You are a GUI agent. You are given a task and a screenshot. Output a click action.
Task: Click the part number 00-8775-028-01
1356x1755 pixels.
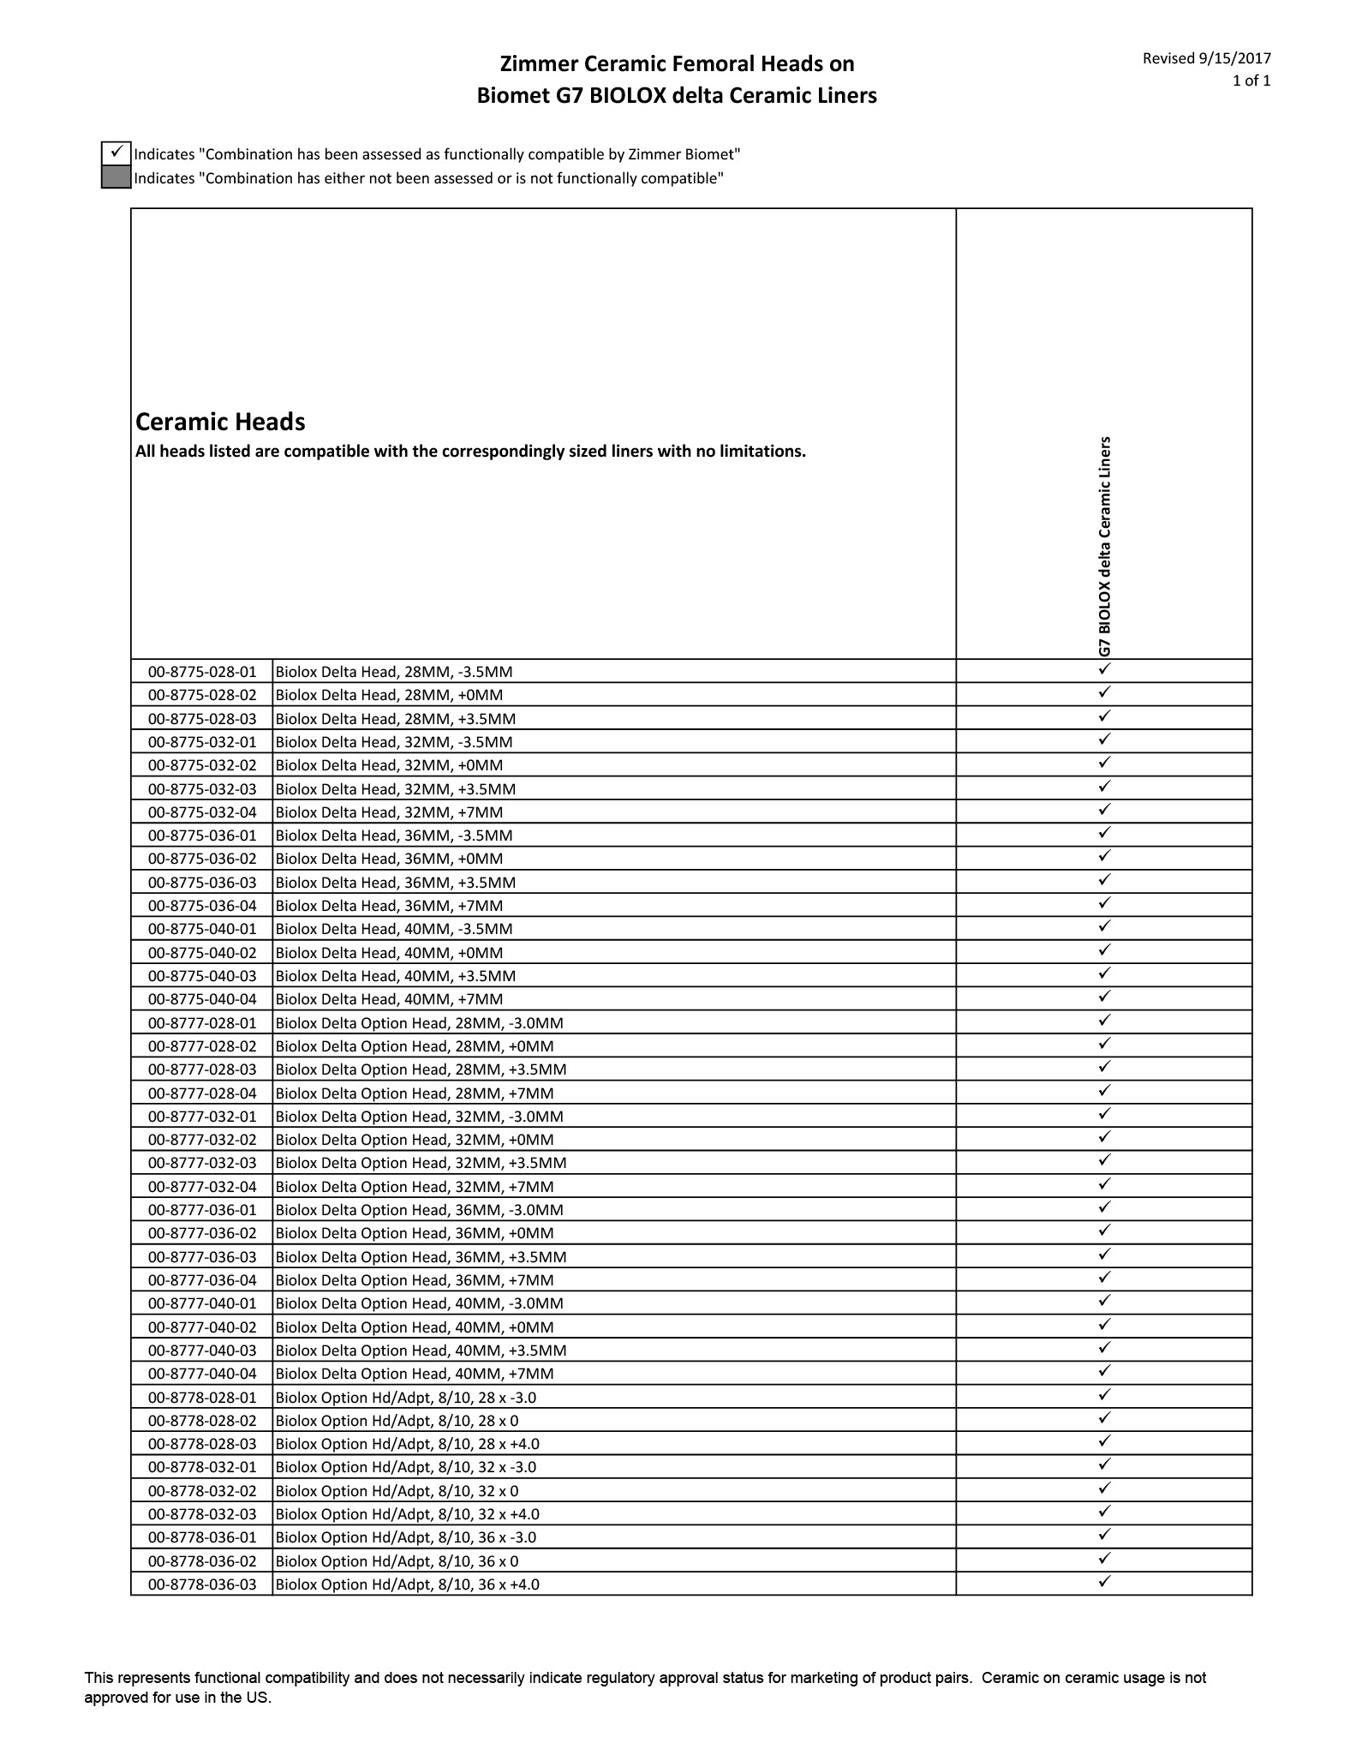pos(202,672)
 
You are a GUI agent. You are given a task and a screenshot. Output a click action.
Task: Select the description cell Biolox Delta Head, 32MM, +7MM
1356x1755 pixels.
pos(389,812)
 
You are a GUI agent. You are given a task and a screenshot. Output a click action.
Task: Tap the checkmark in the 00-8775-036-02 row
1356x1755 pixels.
pos(1104,856)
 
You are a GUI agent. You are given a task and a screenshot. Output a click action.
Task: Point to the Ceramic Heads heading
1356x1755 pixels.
pos(220,422)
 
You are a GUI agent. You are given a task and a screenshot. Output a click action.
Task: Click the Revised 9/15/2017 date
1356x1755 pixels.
pos(1206,58)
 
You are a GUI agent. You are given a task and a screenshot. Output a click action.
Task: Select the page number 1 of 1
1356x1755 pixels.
pos(1251,81)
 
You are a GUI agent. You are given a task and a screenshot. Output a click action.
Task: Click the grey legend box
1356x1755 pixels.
pos(116,178)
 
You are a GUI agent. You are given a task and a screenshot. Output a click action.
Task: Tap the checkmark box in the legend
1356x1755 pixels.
pos(116,153)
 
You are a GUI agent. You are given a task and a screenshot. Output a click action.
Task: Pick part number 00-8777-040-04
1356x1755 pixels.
pos(202,1374)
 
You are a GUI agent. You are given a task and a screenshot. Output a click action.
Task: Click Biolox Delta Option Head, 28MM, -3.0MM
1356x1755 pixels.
pos(419,1023)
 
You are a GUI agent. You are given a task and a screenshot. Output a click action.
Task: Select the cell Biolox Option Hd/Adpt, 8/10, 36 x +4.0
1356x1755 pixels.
pos(407,1584)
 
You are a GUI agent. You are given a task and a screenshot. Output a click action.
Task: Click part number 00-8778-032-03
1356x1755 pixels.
pos(202,1514)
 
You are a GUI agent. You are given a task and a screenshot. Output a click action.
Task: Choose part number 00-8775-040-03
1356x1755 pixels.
pos(202,976)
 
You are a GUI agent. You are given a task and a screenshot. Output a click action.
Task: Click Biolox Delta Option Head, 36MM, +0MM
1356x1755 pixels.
pos(415,1233)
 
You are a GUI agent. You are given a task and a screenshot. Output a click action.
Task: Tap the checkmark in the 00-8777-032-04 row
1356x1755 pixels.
pos(1104,1184)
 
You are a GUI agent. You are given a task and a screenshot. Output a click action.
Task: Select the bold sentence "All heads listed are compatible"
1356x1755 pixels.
pos(470,452)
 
